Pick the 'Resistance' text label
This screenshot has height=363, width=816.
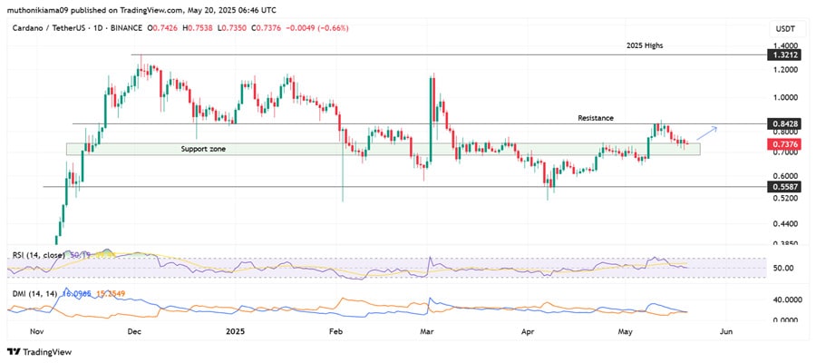click(x=596, y=118)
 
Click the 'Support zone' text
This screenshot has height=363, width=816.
click(x=203, y=147)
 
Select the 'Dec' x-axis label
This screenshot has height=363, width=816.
click(x=134, y=333)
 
